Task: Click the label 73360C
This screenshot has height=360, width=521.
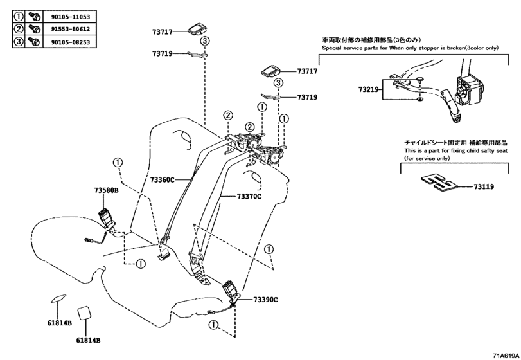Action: [x=163, y=181]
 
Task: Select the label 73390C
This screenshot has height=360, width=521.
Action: [x=265, y=299]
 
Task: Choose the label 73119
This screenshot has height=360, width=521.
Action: [x=484, y=186]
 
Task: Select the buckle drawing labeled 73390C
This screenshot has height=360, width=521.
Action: [x=231, y=292]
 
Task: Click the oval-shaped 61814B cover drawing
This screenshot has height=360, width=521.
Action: [x=58, y=298]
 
